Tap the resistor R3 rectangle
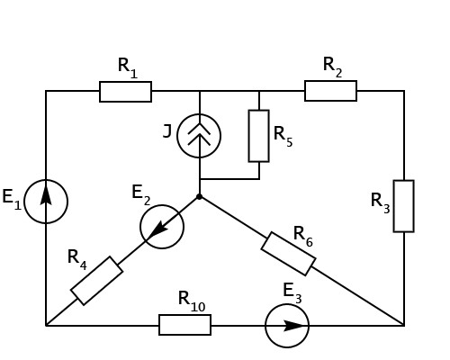point(404,206)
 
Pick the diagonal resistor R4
point(96,281)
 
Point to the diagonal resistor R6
point(288,254)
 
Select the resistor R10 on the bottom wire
point(184,325)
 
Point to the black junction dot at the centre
point(199,197)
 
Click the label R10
point(192,301)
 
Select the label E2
point(141,195)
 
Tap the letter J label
point(167,131)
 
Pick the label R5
point(283,137)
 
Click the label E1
point(12,199)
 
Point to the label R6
point(303,237)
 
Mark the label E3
point(292,293)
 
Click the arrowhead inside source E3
point(294,326)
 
